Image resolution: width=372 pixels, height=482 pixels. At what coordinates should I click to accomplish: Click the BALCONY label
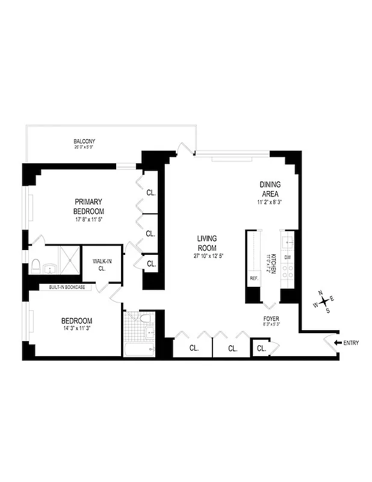pos(85,142)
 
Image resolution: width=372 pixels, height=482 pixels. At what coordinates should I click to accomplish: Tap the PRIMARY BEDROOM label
pos(89,206)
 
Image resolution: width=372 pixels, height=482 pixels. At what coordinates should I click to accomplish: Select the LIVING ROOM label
pos(206,243)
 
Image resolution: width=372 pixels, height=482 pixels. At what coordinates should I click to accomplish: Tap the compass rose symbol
pos(324,302)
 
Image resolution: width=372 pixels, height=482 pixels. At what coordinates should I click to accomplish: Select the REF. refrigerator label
pos(254,278)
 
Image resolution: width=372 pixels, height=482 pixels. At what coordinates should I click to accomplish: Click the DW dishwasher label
pos(288,257)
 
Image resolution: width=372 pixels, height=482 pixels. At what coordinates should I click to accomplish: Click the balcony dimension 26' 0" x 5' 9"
pos(85,146)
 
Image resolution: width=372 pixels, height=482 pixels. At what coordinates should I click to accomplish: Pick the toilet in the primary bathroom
pos(36,265)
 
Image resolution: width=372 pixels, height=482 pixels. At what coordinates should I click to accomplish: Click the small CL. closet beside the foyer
pos(261,348)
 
